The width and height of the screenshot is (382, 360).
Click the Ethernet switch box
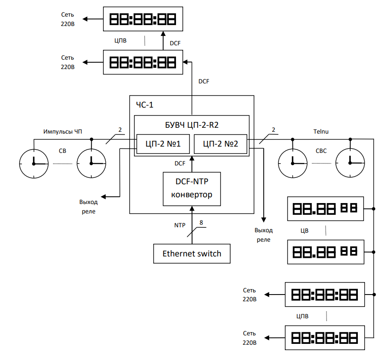[192, 253]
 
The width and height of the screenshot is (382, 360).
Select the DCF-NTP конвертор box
[192, 188]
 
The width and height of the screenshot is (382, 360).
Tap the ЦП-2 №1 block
[163, 144]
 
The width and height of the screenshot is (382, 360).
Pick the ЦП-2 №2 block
[220, 144]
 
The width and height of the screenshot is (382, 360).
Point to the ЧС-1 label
[145, 105]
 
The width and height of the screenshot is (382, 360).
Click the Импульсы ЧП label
[63, 131]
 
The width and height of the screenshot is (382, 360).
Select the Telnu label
[322, 131]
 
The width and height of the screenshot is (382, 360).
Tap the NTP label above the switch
[180, 225]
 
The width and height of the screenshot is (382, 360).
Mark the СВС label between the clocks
[321, 151]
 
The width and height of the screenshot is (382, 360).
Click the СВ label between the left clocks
[62, 151]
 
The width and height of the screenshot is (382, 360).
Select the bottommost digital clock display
[325, 338]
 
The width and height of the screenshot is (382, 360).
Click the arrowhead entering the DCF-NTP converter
[192, 209]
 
